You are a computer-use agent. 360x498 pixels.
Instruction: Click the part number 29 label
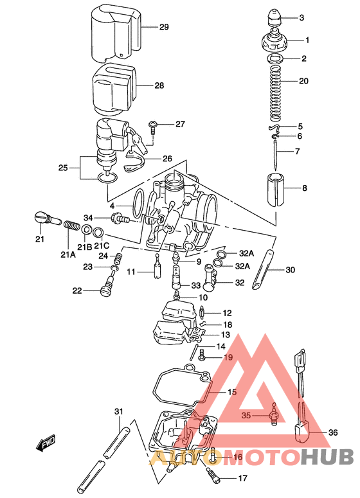[x=164, y=27]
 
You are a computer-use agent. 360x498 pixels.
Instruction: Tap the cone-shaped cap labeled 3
[x=275, y=17]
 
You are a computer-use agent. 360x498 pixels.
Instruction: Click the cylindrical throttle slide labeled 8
[x=275, y=188]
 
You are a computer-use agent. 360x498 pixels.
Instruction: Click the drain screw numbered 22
[x=104, y=293]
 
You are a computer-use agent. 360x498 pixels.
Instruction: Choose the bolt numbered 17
[x=213, y=476]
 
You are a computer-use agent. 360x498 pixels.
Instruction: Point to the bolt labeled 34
[x=121, y=219]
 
